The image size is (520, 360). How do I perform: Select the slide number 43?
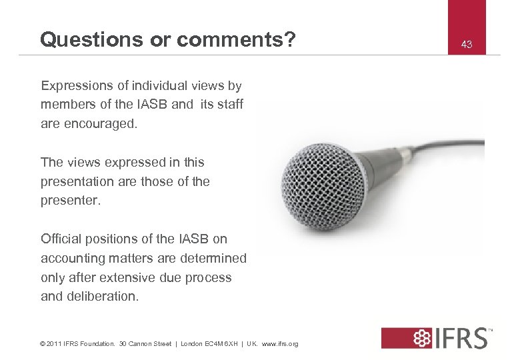point(467,45)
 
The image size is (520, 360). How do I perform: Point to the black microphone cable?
point(453,130)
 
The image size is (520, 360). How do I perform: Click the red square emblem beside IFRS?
point(401,337)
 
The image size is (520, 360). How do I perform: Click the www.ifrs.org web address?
point(280,344)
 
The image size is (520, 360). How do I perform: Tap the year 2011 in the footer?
point(54,344)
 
